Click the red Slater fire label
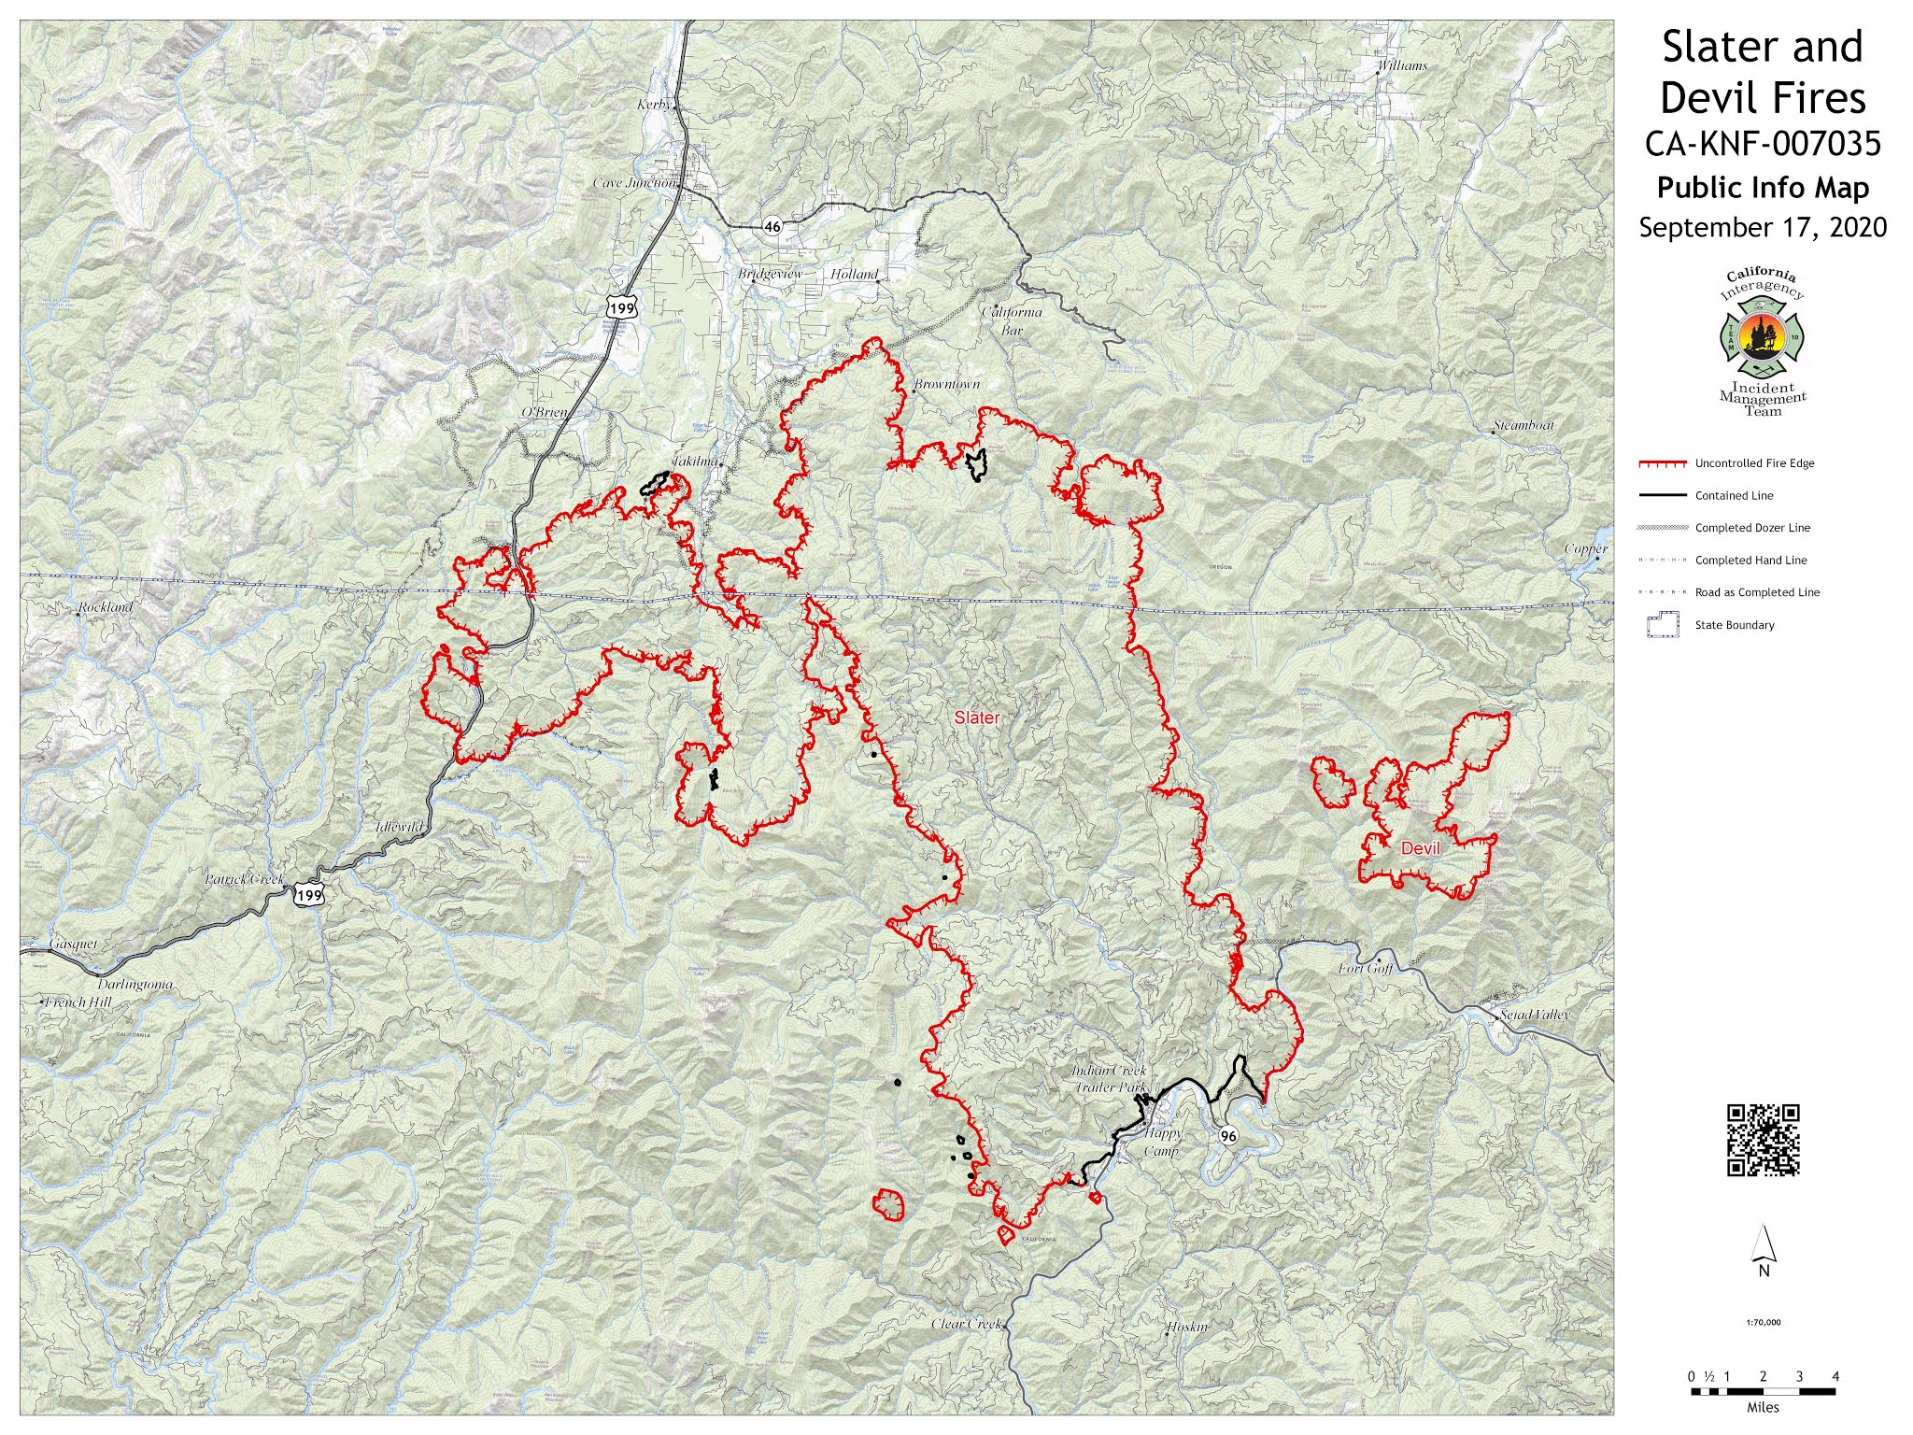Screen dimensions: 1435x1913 coord(976,717)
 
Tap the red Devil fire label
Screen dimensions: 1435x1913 coord(1421,848)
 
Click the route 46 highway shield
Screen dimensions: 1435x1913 coord(772,226)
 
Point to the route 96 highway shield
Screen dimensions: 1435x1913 coord(1228,1136)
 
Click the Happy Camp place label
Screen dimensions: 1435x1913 coord(1163,1142)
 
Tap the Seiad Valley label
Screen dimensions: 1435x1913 coord(1535,1015)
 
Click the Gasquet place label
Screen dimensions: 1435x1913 coord(74,945)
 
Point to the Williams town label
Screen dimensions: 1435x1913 coord(1402,65)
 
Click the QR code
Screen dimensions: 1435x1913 coord(1763,1139)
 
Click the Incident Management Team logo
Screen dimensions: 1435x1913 coord(1763,342)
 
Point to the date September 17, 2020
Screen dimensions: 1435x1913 coord(1763,228)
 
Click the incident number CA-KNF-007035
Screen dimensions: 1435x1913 coord(1763,144)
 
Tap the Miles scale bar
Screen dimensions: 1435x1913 coord(1763,1391)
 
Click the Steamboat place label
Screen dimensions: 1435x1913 coord(1523,425)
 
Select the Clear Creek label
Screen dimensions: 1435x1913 coord(966,1324)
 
